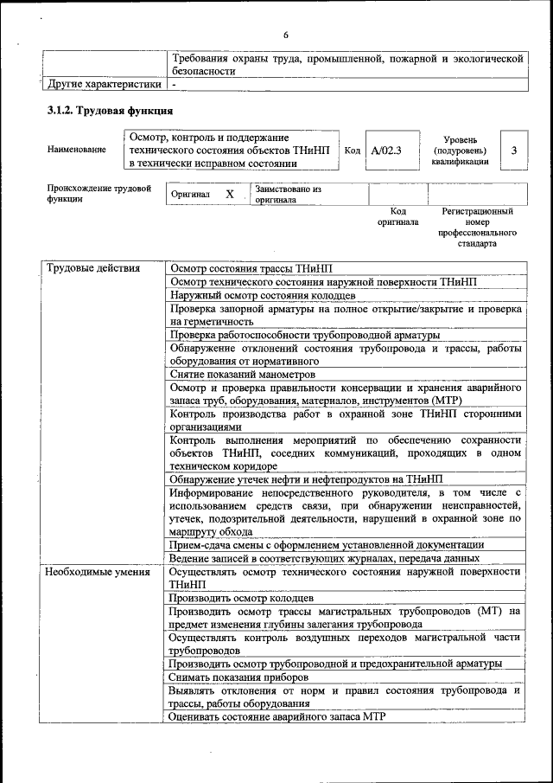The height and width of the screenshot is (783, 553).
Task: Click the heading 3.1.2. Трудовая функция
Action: tap(110, 112)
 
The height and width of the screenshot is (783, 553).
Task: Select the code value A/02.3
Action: tap(386, 151)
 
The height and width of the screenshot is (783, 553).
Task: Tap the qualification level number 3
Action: tap(514, 151)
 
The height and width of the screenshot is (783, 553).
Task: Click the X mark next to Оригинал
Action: tap(230, 195)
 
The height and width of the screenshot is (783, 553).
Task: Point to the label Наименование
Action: tap(77, 150)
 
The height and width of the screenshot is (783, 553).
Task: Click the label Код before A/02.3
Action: tap(353, 151)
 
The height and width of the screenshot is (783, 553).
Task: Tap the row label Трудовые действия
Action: tap(92, 268)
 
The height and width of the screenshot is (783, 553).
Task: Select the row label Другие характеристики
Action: tap(104, 85)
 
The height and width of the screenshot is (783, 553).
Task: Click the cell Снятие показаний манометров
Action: tap(242, 375)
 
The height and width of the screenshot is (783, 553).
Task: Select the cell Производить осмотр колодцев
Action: tap(241, 598)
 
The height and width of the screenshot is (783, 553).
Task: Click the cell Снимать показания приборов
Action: tap(236, 677)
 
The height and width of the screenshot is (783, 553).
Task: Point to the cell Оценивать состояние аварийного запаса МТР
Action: tap(276, 716)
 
